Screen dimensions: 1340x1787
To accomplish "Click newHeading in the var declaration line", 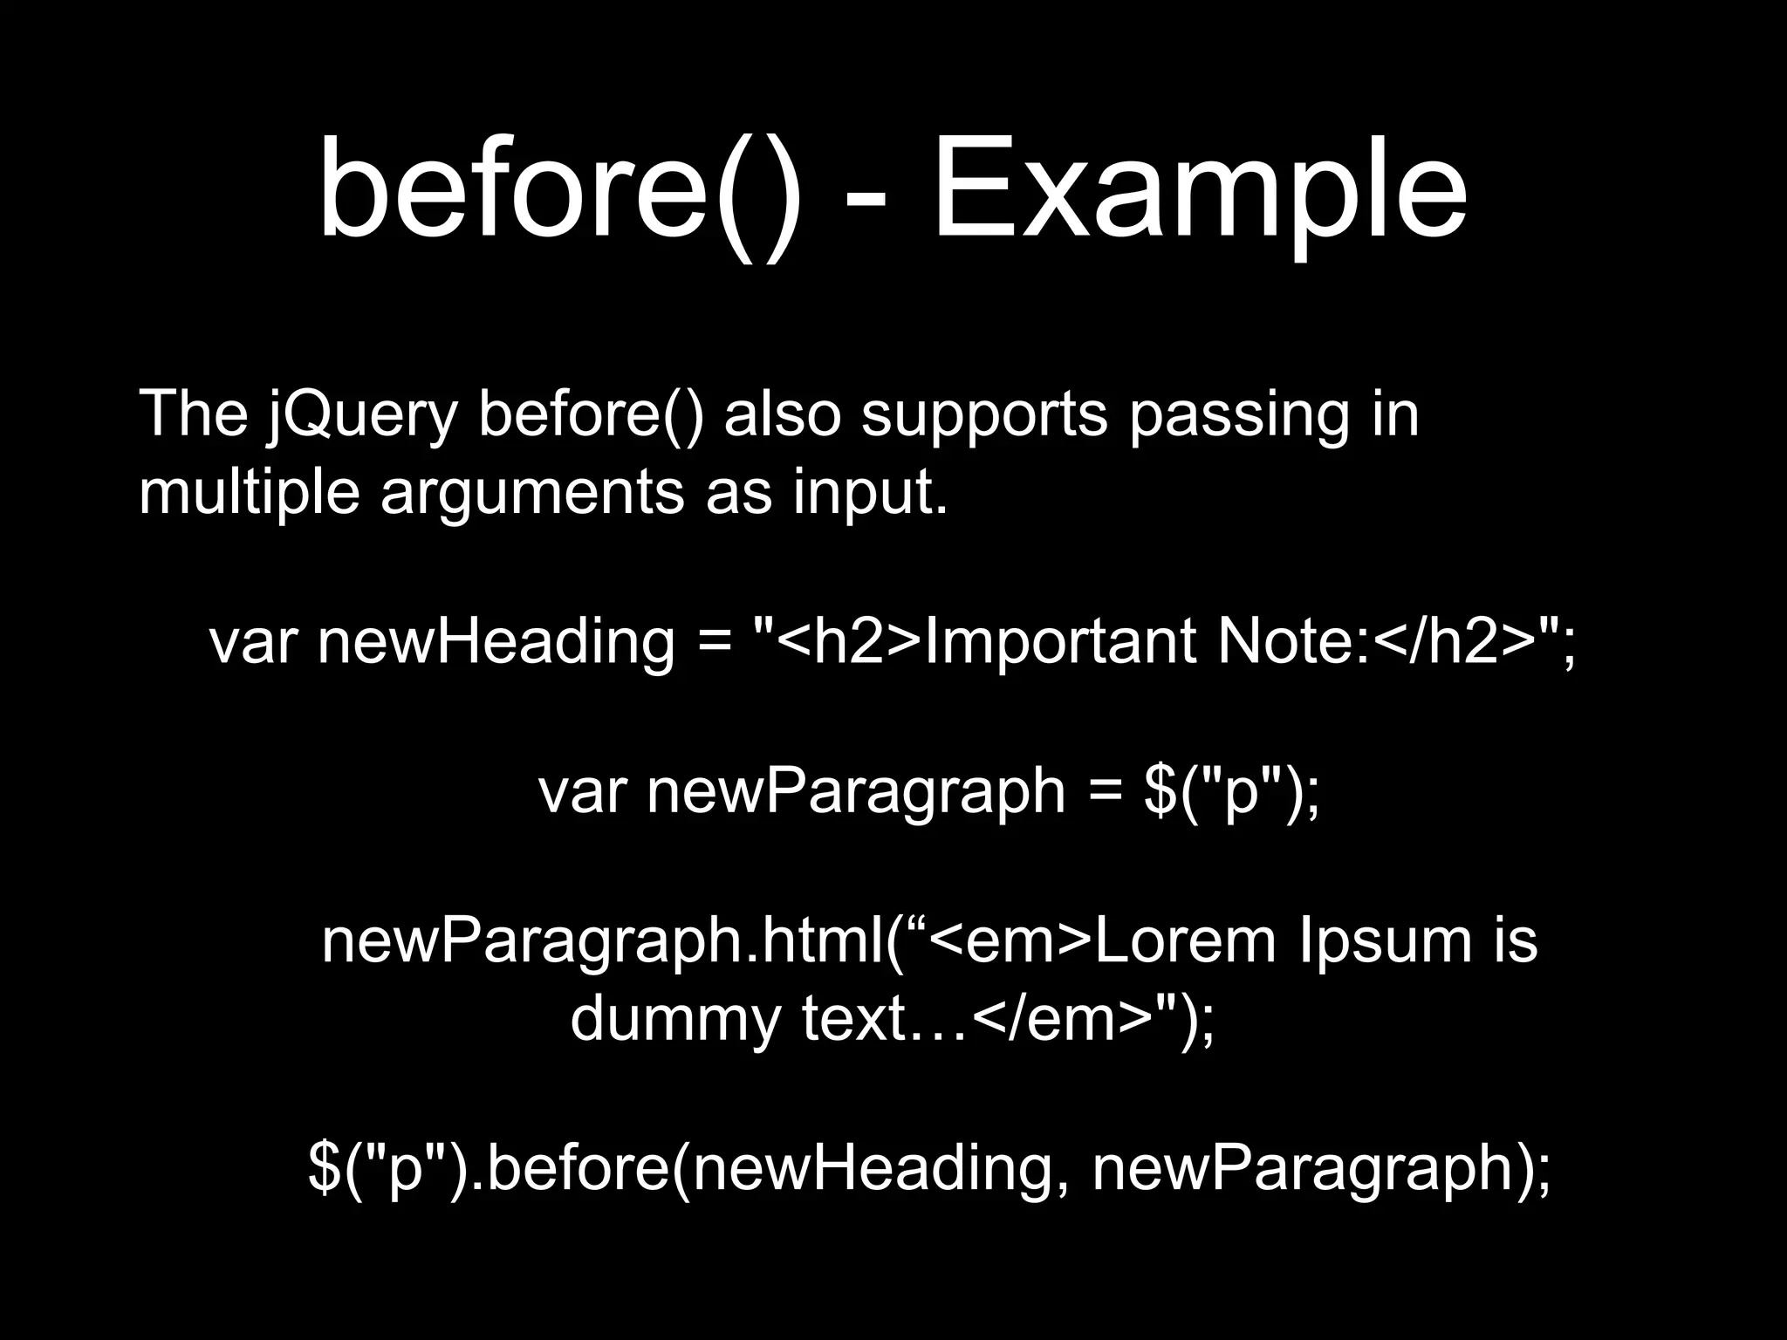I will (496, 643).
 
